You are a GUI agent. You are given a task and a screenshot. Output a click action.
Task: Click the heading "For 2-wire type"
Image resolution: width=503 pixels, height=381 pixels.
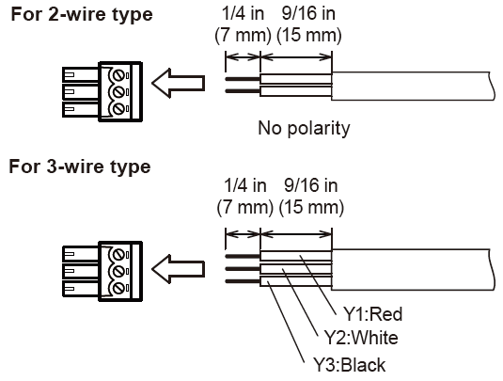point(82,15)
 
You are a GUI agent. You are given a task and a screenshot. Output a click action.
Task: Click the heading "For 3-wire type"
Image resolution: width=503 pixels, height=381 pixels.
point(80,167)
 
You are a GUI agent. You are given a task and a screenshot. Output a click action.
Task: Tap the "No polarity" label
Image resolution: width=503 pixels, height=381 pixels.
point(304,128)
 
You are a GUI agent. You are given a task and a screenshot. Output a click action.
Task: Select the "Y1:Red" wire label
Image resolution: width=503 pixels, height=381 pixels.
point(372,314)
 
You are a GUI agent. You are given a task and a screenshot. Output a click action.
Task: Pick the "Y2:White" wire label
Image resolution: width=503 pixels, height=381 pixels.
point(361,338)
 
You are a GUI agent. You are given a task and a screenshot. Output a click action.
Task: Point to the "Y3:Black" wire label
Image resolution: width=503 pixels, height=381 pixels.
point(350,365)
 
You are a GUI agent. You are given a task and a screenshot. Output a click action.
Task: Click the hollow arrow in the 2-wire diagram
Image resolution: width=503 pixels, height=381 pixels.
point(178,83)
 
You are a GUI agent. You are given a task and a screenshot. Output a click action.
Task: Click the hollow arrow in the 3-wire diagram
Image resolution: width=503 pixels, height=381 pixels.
point(178,269)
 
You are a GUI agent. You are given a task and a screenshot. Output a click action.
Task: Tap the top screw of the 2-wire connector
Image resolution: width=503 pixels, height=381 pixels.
point(118,76)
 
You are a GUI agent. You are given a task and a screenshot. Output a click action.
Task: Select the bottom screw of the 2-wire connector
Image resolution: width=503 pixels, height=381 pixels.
point(118,108)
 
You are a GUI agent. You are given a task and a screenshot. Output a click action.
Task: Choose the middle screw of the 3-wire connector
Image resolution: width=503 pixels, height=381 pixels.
point(118,272)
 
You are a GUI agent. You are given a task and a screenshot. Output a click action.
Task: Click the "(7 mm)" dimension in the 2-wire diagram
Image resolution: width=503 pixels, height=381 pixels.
point(243,35)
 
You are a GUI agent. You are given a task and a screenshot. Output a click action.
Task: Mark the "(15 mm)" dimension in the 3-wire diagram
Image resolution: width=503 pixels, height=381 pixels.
point(311,207)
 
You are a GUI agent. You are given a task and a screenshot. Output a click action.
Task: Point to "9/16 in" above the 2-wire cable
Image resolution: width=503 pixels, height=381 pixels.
point(308,14)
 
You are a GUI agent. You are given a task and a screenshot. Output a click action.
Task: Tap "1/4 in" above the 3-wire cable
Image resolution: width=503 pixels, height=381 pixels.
point(245,186)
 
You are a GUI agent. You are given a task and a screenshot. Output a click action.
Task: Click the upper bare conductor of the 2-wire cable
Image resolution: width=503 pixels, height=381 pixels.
point(243,79)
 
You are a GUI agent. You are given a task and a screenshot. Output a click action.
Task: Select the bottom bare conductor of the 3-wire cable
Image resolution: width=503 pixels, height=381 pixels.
point(243,281)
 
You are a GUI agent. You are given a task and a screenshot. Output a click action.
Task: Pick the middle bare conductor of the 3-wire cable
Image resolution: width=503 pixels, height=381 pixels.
point(243,269)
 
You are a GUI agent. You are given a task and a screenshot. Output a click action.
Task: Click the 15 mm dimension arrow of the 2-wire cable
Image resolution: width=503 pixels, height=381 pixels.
point(296,57)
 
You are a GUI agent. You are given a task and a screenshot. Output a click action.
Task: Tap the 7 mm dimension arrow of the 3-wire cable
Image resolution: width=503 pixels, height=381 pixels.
point(243,234)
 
